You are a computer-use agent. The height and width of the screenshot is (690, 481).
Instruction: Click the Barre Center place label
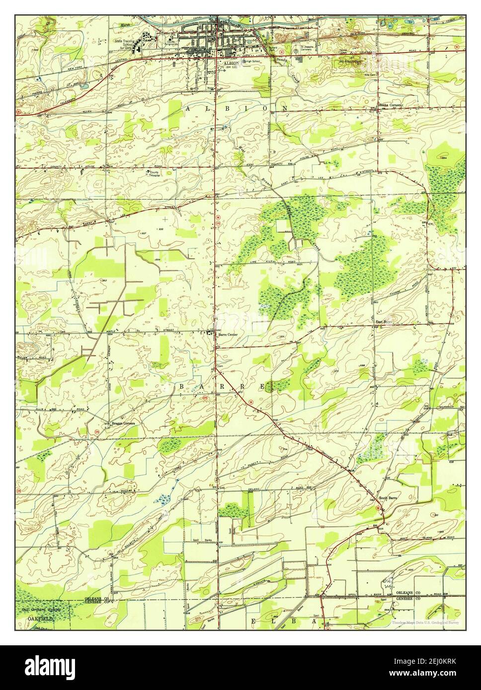coord(228,335)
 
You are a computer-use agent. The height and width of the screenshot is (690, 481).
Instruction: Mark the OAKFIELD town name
coord(35,620)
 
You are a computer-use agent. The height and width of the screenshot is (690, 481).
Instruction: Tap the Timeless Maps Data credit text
coord(425,622)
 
